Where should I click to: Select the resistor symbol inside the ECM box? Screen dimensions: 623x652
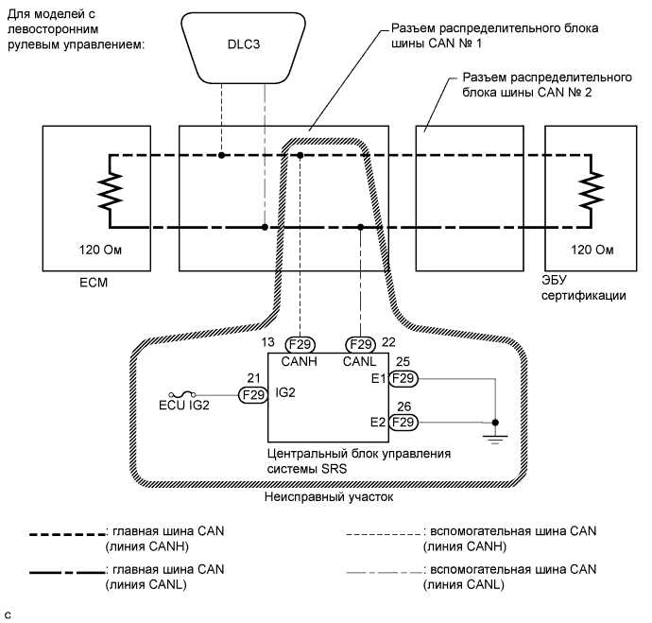(x=111, y=191)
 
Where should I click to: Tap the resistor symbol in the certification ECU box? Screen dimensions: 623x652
(x=592, y=191)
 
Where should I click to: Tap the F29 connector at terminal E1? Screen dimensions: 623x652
(x=403, y=378)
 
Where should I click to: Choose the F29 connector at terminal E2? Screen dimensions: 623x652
(x=403, y=421)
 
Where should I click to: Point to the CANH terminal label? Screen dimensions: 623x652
(x=300, y=363)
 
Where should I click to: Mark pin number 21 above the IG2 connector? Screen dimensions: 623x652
(x=252, y=377)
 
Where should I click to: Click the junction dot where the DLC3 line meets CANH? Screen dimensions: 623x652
(x=221, y=155)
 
